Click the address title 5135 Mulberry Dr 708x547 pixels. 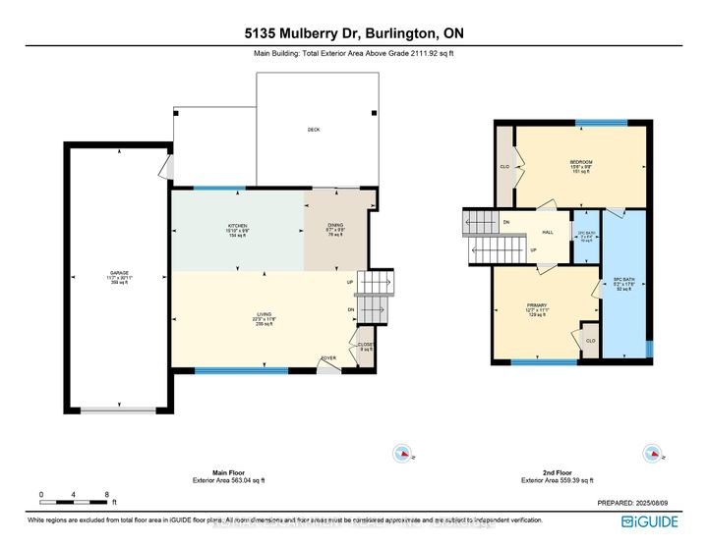pos(353,32)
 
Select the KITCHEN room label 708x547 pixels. pos(236,226)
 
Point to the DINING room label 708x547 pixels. pos(335,226)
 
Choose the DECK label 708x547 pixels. pos(313,130)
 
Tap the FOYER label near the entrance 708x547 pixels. pos(327,357)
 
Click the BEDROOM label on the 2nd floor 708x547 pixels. pos(580,161)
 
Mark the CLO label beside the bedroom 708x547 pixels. pos(504,166)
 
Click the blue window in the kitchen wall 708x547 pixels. pos(219,188)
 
